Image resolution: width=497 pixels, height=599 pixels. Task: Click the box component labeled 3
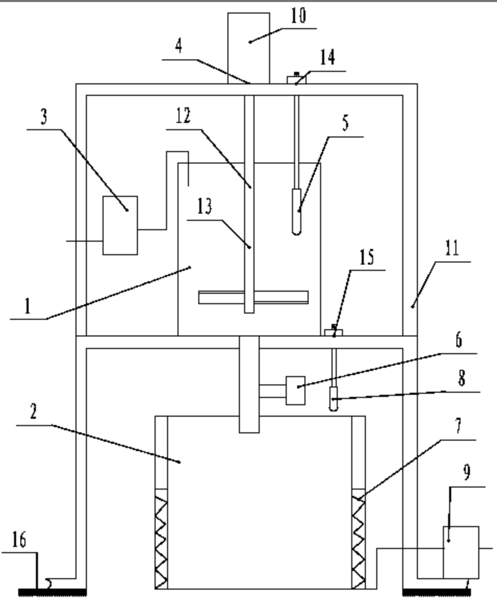[x=120, y=225]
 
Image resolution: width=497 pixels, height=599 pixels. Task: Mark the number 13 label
[x=205, y=209]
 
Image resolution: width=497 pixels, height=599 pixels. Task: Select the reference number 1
[x=29, y=306]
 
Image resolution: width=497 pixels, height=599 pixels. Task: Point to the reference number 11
[x=452, y=251]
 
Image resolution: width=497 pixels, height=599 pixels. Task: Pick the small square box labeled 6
[x=295, y=390]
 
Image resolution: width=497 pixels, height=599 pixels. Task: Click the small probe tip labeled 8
[x=334, y=401]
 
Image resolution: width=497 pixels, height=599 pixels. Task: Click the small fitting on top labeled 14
[x=296, y=79]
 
